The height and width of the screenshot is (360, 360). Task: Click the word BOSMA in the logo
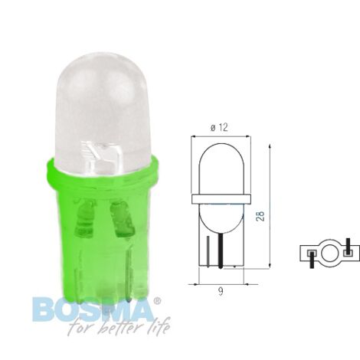tap(93, 309)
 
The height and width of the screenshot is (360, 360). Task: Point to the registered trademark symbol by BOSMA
tap(157, 301)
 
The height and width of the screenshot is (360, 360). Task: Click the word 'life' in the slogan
tap(159, 326)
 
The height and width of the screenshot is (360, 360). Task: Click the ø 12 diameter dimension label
tap(219, 127)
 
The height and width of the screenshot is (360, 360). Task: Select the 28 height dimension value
tap(261, 216)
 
